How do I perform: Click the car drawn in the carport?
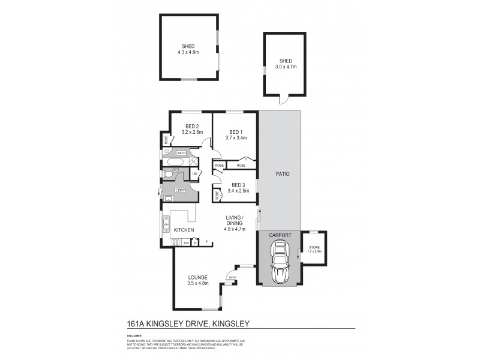(x=280, y=262)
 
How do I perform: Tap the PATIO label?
(x=283, y=175)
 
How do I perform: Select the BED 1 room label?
(x=233, y=131)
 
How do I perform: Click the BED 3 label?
(x=238, y=185)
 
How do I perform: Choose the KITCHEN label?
(x=184, y=230)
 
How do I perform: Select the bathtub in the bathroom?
(x=175, y=162)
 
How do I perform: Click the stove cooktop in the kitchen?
(x=176, y=242)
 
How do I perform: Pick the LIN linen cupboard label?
(x=194, y=174)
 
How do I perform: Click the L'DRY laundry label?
(x=179, y=190)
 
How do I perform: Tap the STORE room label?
(x=314, y=247)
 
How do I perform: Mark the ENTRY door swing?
(x=229, y=275)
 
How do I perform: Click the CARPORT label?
(x=280, y=236)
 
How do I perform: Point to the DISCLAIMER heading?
(x=134, y=336)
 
